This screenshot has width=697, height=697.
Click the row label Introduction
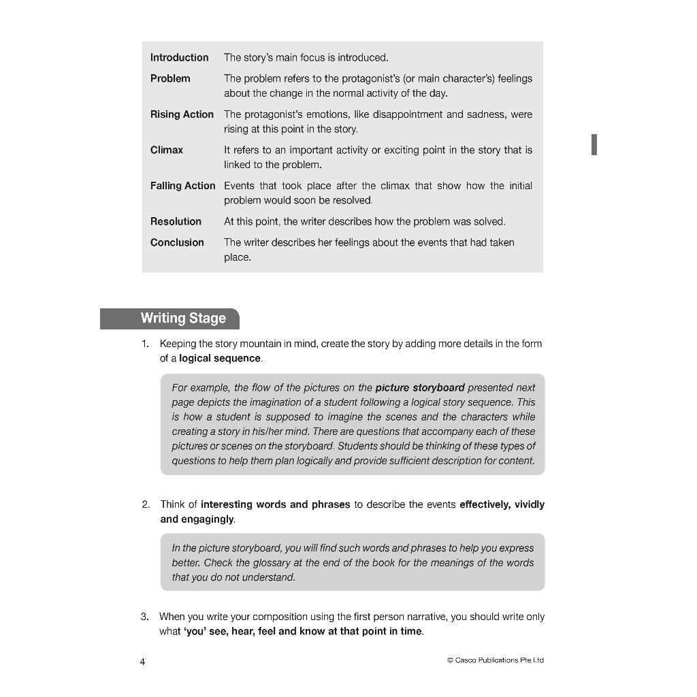[x=179, y=58]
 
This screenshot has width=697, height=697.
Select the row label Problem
[x=170, y=79]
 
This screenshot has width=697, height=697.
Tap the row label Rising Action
[x=182, y=114]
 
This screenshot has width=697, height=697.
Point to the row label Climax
[x=167, y=150]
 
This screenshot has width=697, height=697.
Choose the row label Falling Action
[x=182, y=186]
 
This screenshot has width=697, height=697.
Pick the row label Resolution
[x=176, y=221]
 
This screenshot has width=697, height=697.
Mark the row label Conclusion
[x=177, y=242]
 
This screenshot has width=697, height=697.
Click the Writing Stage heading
[x=182, y=319]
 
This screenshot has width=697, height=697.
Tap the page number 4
[x=142, y=662]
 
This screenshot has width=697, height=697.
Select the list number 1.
[x=145, y=344]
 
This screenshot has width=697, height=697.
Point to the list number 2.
[x=146, y=504]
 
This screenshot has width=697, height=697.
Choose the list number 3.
[x=145, y=617]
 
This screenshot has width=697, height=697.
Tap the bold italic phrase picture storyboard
[x=420, y=387]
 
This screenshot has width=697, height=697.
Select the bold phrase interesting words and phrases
[x=275, y=504]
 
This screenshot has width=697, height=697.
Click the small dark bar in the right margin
[x=594, y=144]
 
